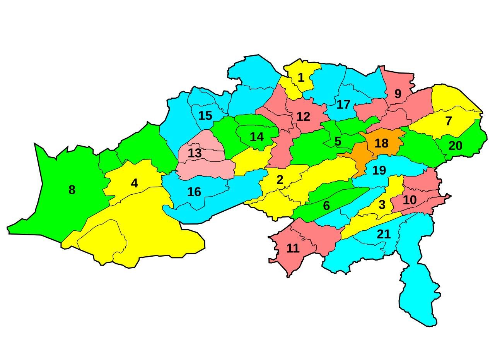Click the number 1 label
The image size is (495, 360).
[301, 78]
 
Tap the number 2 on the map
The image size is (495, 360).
[280, 180]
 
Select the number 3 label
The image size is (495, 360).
[382, 205]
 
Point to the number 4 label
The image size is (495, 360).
[134, 183]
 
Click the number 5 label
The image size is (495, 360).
[338, 142]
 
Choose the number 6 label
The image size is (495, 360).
[326, 206]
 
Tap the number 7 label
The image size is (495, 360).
[449, 121]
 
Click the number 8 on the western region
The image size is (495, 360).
[72, 190]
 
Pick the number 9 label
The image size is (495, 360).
[398, 94]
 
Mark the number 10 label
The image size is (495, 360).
[410, 200]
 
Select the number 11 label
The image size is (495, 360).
[293, 249]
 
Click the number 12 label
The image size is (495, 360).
[303, 117]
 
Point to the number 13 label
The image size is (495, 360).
[195, 153]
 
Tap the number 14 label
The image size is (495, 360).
[257, 137]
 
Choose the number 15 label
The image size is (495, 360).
[205, 116]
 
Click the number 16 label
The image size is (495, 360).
[194, 192]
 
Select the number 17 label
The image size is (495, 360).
[343, 105]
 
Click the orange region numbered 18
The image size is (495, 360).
[381, 143]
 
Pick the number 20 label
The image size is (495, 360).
[455, 146]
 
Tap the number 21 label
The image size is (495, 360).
[384, 234]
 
